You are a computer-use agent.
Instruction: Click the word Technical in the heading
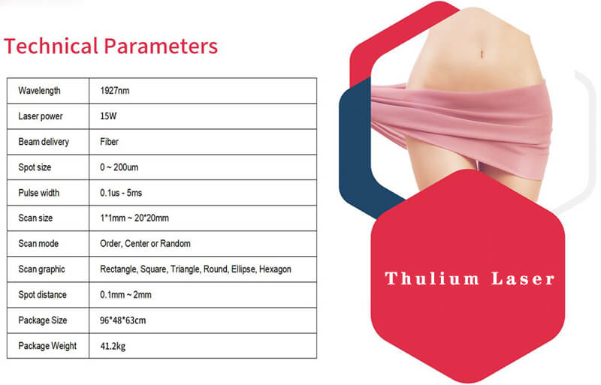(x=51, y=46)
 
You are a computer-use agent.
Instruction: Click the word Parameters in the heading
(x=161, y=46)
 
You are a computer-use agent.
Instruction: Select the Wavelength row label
(x=39, y=91)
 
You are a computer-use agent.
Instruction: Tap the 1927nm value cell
(x=115, y=91)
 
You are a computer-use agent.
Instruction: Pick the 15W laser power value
(x=108, y=116)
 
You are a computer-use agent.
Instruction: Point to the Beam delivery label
(x=44, y=142)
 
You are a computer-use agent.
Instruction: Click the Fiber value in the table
(x=109, y=142)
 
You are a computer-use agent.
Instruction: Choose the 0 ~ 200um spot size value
(x=119, y=167)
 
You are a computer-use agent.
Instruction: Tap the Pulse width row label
(x=39, y=193)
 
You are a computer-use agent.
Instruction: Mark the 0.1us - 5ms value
(x=121, y=193)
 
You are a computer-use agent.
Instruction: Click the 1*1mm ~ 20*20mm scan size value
(x=134, y=218)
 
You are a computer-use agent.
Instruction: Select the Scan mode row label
(x=38, y=244)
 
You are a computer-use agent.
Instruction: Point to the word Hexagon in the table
(x=275, y=269)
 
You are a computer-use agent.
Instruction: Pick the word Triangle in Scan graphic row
(x=186, y=269)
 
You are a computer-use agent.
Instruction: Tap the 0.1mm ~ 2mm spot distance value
(x=125, y=295)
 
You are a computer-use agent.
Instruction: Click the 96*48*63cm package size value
(x=122, y=320)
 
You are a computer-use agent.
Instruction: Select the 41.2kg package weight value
(x=113, y=346)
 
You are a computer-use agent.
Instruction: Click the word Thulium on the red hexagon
(x=432, y=278)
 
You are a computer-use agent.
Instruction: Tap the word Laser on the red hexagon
(x=523, y=278)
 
